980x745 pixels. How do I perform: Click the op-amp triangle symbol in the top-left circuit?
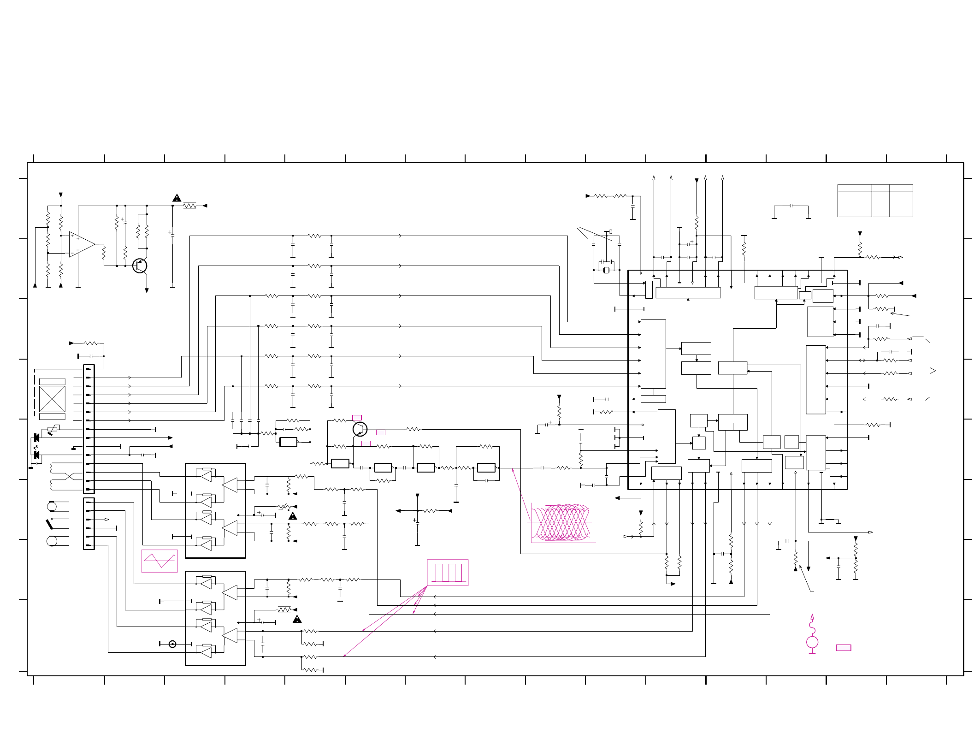pyautogui.click(x=81, y=244)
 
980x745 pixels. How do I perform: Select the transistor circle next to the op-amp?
pyautogui.click(x=139, y=266)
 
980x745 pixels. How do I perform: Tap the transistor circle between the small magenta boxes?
pyautogui.click(x=360, y=429)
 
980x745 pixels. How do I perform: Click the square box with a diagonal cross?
pyautogui.click(x=52, y=399)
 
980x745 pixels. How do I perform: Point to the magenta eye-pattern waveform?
pyautogui.click(x=561, y=523)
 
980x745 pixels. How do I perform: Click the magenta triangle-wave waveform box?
pyautogui.click(x=159, y=561)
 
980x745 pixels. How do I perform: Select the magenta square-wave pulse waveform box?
pyautogui.click(x=448, y=573)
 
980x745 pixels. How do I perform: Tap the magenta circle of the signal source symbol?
pyautogui.click(x=812, y=642)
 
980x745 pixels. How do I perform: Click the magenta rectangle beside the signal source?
pyautogui.click(x=844, y=648)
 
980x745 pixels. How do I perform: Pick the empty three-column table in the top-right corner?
pyautogui.click(x=875, y=201)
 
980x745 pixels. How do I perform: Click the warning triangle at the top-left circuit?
pyautogui.click(x=177, y=198)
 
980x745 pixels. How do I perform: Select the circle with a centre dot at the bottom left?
pyautogui.click(x=172, y=644)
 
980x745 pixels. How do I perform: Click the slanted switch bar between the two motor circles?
pyautogui.click(x=49, y=524)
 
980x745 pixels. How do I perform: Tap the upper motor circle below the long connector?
pyautogui.click(x=52, y=507)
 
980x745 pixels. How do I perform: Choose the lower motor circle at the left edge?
pyautogui.click(x=52, y=541)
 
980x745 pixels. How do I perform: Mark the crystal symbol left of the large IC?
pyautogui.click(x=606, y=270)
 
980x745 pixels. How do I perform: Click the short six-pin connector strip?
pyautogui.click(x=89, y=524)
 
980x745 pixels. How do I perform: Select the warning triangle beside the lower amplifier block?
pyautogui.click(x=297, y=619)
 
